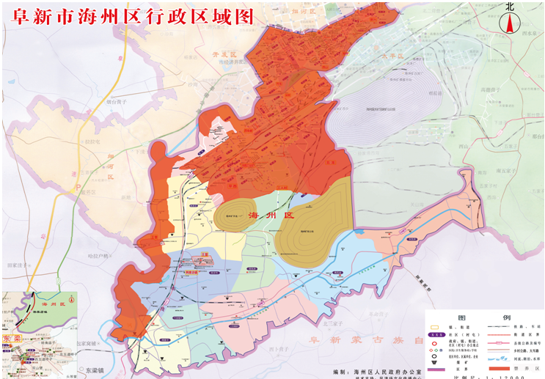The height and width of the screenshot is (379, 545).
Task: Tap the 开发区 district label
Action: (221, 55)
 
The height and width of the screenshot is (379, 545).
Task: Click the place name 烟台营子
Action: (116, 103)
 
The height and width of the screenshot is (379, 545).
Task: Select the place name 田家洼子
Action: (21, 265)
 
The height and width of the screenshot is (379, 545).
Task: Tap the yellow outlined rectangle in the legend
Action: (437, 326)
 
